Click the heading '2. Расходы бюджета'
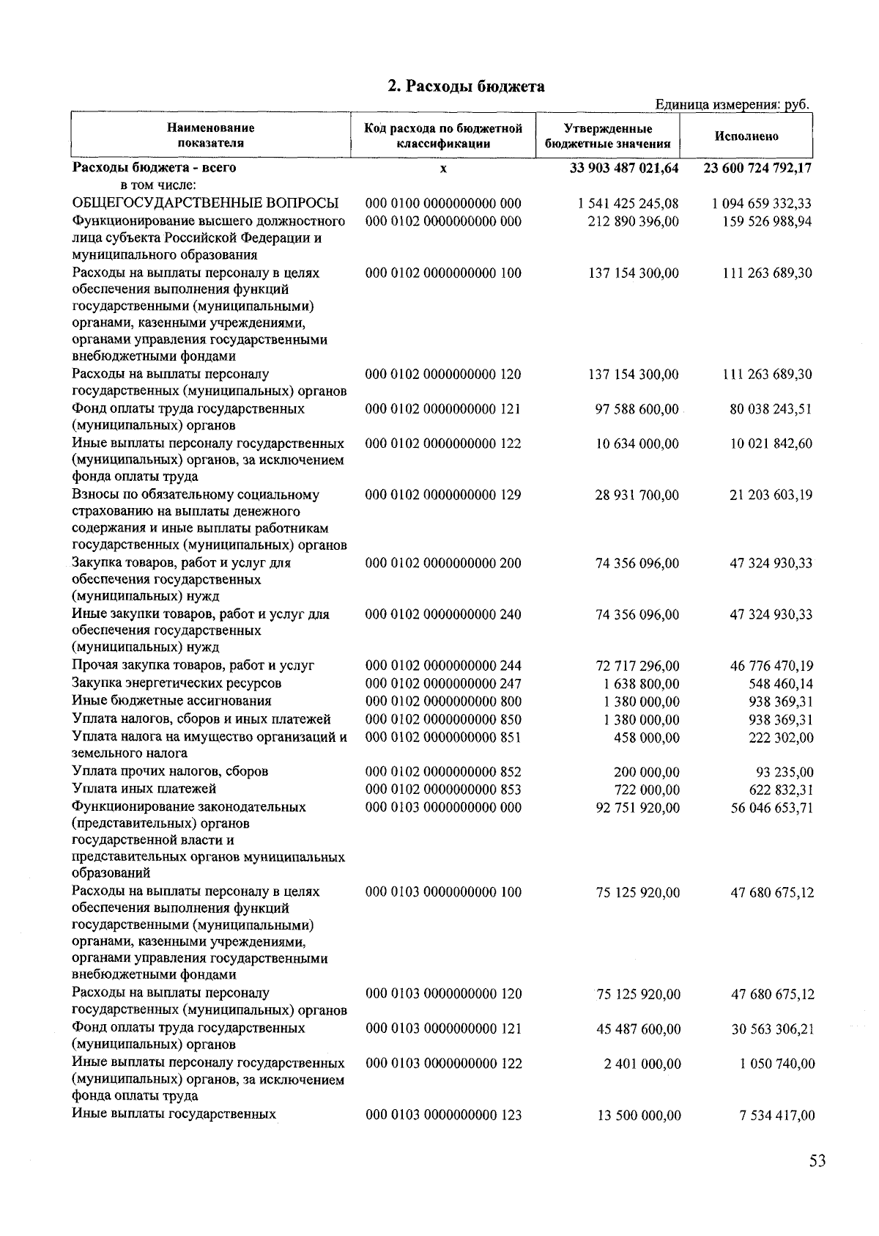[466, 87]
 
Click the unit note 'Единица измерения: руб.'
[732, 104]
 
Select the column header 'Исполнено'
[746, 136]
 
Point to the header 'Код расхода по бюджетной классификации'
[443, 136]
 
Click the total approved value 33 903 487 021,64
[624, 168]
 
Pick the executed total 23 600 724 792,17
[757, 168]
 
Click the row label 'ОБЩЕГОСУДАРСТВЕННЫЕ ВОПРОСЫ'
[205, 203]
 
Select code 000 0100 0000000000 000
[443, 203]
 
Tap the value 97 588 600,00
[637, 409]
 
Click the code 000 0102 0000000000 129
[443, 495]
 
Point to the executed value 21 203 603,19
[771, 496]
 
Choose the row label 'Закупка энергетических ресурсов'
[177, 683]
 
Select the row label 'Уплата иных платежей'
[144, 789]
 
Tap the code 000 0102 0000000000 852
[444, 771]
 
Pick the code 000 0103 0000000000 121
[444, 1029]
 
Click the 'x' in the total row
[443, 169]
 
